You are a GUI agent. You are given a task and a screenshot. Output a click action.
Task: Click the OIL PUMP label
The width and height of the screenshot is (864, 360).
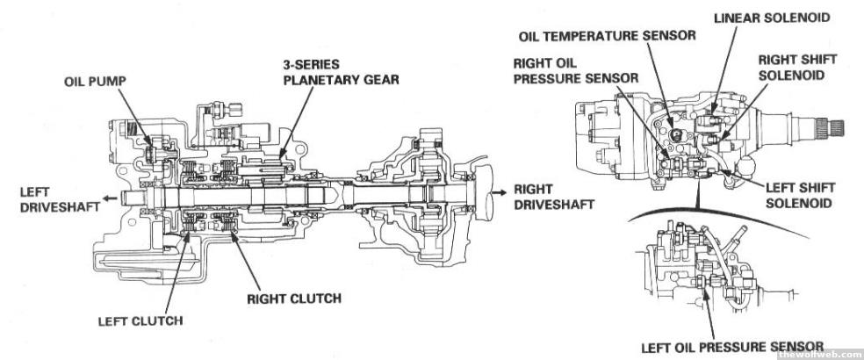pyautogui.click(x=94, y=80)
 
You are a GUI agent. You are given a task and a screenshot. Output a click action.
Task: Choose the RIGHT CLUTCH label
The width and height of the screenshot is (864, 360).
pyautogui.click(x=293, y=298)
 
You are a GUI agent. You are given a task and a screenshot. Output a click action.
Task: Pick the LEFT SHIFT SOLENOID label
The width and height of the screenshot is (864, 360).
pyautogui.click(x=802, y=195)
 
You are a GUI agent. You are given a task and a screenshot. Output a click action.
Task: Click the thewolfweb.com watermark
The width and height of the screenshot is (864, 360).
pyautogui.click(x=815, y=353)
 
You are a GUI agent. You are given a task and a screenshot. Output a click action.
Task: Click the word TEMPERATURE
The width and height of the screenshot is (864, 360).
pyautogui.click(x=616, y=36)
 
